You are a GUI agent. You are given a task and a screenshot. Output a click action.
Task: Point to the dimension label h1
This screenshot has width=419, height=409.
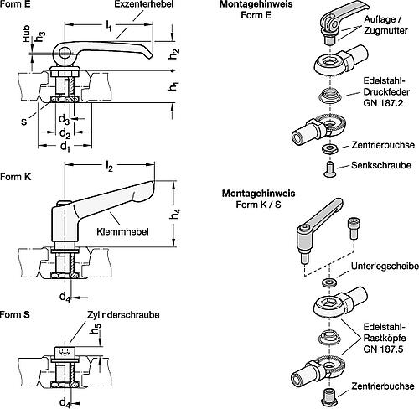pyautogui.click(x=175, y=87)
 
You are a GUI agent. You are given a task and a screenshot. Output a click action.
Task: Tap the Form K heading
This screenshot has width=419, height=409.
pyautogui.click(x=17, y=177)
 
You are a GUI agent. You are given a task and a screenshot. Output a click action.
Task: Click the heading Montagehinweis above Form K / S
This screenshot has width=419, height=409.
pyautogui.click(x=251, y=194)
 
